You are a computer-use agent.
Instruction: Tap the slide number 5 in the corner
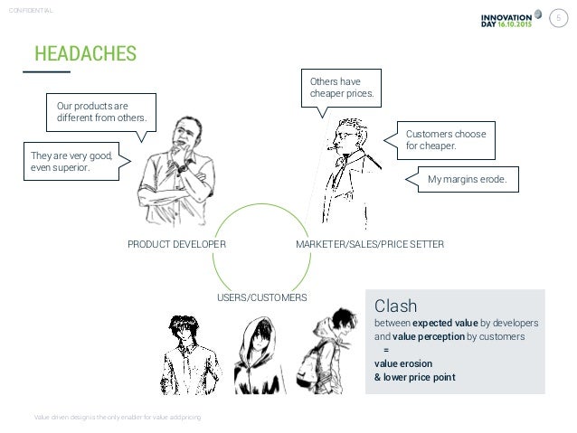coord(559,18)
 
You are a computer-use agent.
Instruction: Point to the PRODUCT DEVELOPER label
coord(175,244)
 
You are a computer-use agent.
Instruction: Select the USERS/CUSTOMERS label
coord(262,297)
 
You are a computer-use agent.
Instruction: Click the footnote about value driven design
coord(118,417)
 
